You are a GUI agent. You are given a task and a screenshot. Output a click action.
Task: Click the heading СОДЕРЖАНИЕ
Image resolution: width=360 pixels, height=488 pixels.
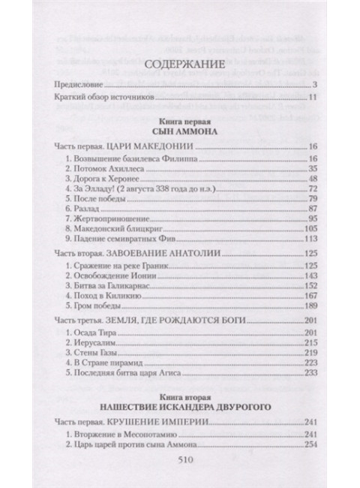pyautogui.click(x=180, y=65)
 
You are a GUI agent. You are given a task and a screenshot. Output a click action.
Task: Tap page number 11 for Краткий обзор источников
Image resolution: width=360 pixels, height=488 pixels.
pyautogui.click(x=315, y=100)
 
